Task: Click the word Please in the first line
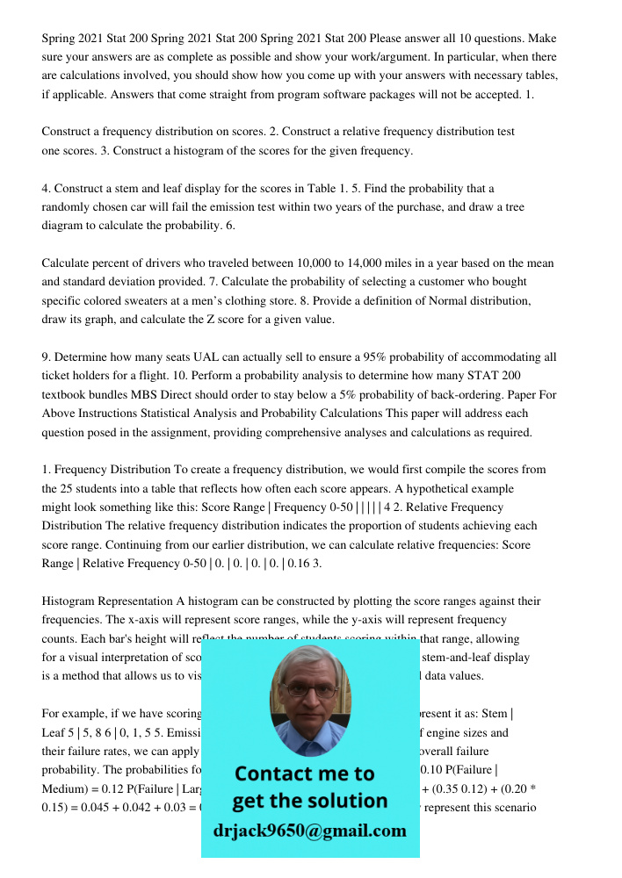[389, 39]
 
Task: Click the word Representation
[131, 601]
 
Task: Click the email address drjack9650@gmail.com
[310, 830]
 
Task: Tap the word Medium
[65, 788]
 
